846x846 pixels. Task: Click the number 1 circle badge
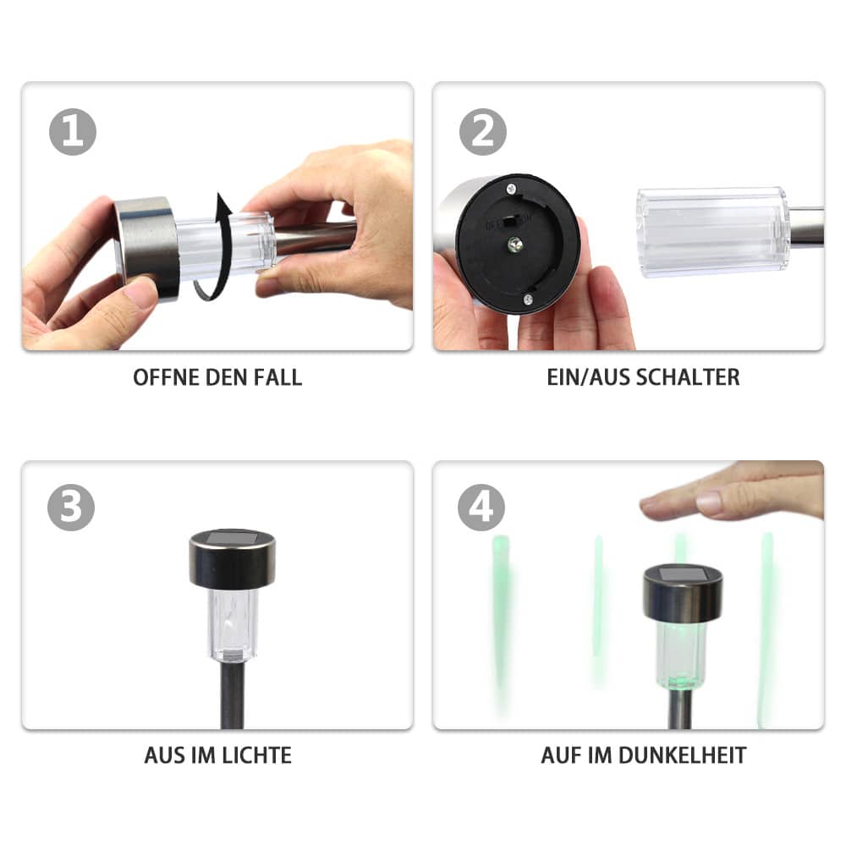72,132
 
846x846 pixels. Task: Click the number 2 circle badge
483,132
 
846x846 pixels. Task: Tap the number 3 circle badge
71,507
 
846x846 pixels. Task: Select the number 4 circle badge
481,507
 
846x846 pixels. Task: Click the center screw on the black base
514,245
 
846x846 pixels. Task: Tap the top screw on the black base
510,189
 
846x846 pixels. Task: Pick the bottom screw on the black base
528,299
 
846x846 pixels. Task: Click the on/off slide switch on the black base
508,222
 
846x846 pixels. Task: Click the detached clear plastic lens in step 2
712,232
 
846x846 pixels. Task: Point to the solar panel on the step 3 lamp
232,537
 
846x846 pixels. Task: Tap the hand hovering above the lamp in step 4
733,491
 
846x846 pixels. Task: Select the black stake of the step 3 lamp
232,696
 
